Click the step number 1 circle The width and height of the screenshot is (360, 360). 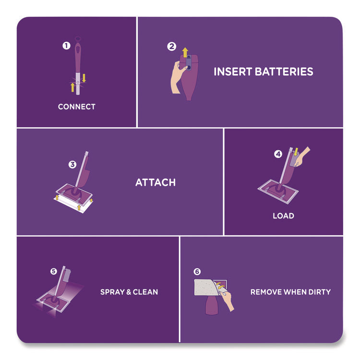pyautogui.click(x=66, y=46)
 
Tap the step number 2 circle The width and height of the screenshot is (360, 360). pyautogui.click(x=171, y=47)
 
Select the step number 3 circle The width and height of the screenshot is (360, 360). pyautogui.click(x=72, y=164)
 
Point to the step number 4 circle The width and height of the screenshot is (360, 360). pyautogui.click(x=278, y=154)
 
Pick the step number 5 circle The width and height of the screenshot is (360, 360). pyautogui.click(x=53, y=271)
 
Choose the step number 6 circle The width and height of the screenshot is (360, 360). pyautogui.click(x=197, y=272)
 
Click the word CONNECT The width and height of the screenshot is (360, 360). pyautogui.click(x=77, y=107)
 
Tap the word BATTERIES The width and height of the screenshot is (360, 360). pyautogui.click(x=284, y=72)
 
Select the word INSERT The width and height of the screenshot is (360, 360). pyautogui.click(x=233, y=72)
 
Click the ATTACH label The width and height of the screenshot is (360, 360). pyautogui.click(x=156, y=182)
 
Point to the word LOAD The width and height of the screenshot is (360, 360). pyautogui.click(x=283, y=216)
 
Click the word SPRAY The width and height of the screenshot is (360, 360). pyautogui.click(x=112, y=292)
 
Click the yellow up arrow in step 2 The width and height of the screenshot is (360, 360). pyautogui.click(x=185, y=53)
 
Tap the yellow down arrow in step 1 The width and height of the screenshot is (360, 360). pyautogui.click(x=84, y=78)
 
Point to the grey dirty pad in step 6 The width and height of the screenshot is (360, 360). pyautogui.click(x=205, y=288)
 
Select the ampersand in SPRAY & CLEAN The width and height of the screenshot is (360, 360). pyautogui.click(x=129, y=292)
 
